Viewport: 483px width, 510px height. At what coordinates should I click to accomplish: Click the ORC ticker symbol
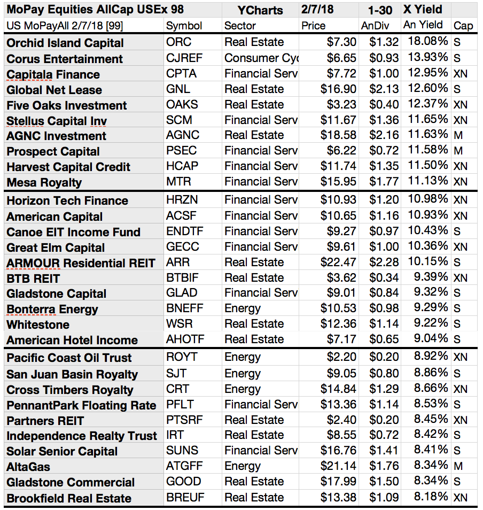(x=178, y=42)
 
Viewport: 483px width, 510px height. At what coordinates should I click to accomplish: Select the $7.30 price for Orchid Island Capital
(x=341, y=42)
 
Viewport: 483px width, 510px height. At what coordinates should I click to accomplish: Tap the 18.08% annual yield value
(x=427, y=42)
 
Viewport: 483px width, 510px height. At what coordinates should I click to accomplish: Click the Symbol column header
(x=184, y=26)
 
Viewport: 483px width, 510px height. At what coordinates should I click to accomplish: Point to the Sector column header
(x=240, y=26)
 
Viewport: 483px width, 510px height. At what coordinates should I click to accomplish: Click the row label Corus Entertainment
(x=65, y=59)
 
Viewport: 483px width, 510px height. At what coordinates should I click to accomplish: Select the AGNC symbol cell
(x=183, y=135)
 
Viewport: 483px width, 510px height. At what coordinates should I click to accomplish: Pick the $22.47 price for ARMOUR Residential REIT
(x=338, y=262)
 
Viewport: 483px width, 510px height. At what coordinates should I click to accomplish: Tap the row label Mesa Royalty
(x=44, y=182)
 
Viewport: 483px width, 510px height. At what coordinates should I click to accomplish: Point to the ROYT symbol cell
(x=182, y=357)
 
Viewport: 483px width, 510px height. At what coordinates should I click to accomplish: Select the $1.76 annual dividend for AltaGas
(x=384, y=466)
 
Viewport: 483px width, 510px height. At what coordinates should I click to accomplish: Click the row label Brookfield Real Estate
(x=69, y=498)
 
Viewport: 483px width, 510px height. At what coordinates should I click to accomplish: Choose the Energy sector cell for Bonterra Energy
(x=243, y=308)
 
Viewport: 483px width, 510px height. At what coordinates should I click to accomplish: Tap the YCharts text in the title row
(x=260, y=10)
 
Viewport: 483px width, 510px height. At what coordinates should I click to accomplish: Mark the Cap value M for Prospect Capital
(x=458, y=151)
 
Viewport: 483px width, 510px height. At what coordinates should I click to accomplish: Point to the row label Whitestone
(x=38, y=324)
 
